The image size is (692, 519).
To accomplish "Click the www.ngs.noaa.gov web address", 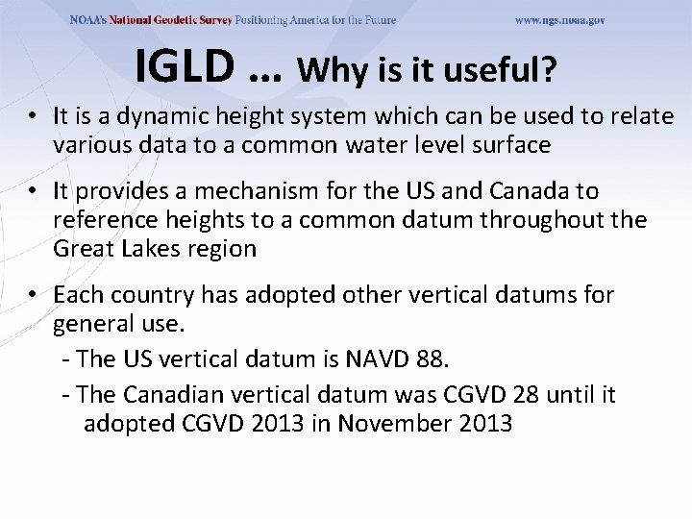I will [x=559, y=20].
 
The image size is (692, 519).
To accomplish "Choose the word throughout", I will [x=546, y=220].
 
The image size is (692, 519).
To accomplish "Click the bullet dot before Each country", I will [x=35, y=295].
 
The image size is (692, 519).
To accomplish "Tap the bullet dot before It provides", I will [x=35, y=192].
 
